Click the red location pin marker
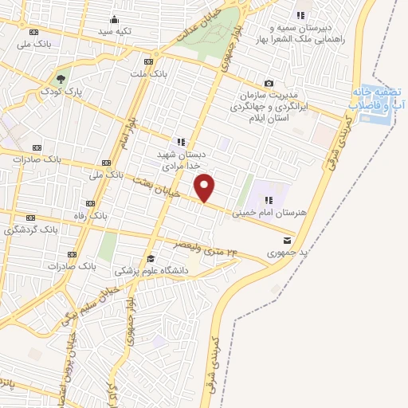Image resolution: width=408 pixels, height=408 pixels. pyautogui.click(x=205, y=188)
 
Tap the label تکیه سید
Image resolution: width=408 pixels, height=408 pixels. pyautogui.click(x=115, y=31)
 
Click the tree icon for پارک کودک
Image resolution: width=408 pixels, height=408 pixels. pyautogui.click(x=61, y=79)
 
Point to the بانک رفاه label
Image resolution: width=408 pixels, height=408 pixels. pyautogui.click(x=105, y=215)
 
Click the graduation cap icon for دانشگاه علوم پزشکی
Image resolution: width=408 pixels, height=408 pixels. pyautogui.click(x=151, y=258)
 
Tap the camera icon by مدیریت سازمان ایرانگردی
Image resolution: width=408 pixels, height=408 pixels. pyautogui.click(x=269, y=84)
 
